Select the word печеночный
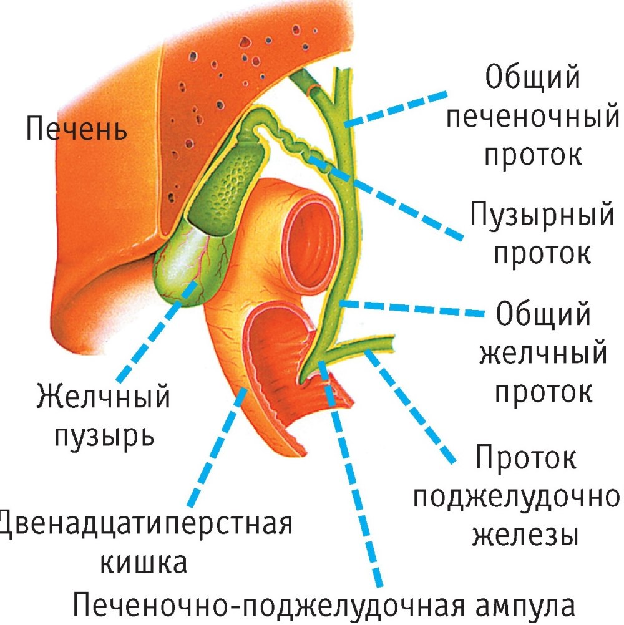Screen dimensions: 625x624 [534, 117]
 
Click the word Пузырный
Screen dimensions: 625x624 [542, 216]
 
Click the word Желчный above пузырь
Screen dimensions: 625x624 [104, 397]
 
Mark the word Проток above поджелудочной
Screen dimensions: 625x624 [525, 460]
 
